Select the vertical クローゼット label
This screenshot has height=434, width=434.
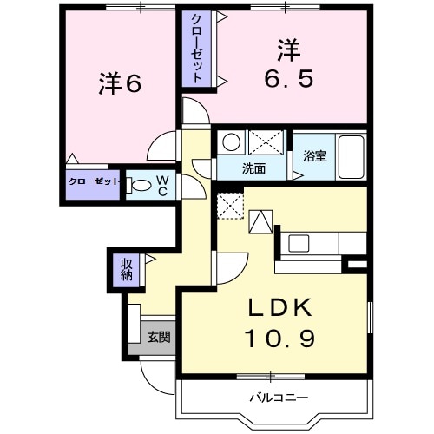click(198, 49)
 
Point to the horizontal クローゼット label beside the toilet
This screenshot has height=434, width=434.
click(93, 183)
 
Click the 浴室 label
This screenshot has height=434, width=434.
click(313, 158)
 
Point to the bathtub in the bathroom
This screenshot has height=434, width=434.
click(351, 156)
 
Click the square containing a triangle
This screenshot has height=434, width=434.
click(261, 223)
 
